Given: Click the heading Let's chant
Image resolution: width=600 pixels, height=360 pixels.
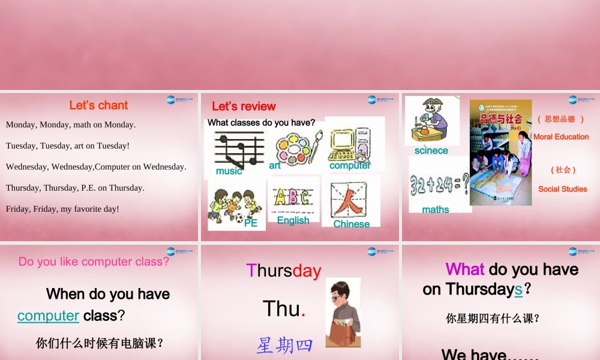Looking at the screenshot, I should [98, 106].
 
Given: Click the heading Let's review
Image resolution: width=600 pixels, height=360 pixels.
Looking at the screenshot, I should [244, 107].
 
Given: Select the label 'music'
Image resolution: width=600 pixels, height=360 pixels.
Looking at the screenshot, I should [229, 172].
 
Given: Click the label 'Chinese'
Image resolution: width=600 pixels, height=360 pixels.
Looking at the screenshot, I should [352, 224].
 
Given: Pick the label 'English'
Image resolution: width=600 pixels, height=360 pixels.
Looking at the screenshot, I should [293, 220].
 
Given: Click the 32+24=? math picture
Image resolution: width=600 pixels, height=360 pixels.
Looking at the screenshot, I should [439, 182].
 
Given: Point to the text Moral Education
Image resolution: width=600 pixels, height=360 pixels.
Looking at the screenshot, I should [561, 137].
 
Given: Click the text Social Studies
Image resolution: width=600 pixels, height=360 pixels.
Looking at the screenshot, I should [562, 189].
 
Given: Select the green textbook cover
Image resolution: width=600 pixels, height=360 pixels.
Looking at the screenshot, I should [500, 152].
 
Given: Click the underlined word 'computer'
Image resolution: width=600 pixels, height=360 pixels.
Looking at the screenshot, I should [48, 316].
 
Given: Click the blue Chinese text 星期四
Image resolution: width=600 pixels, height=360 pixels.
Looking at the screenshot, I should [284, 346].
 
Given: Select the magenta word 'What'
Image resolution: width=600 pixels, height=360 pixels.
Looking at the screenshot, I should [465, 269].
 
